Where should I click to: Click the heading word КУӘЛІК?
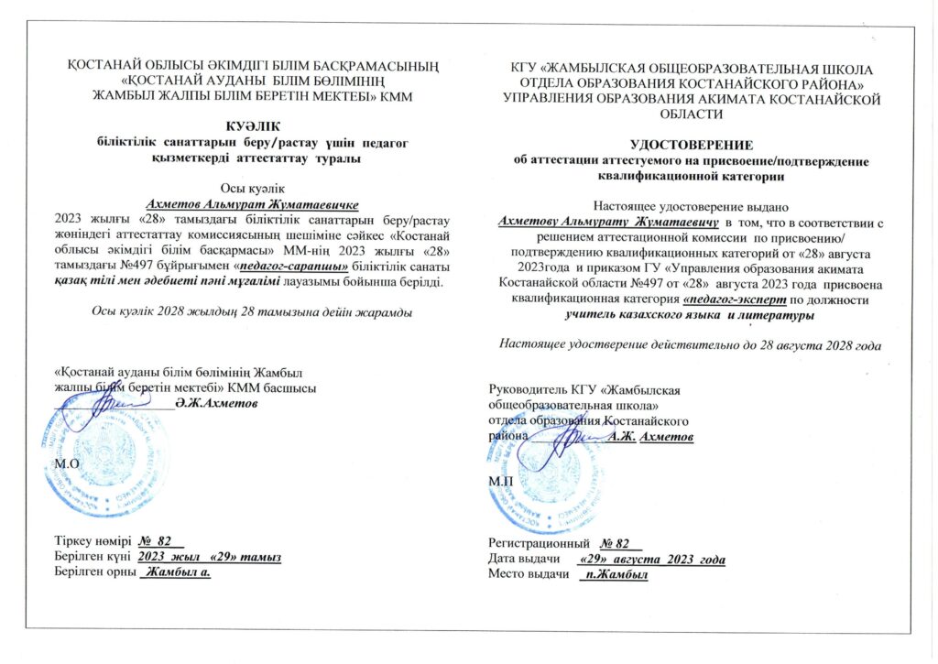[252, 125]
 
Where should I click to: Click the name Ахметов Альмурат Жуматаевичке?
[252, 203]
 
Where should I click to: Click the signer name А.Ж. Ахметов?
[651, 437]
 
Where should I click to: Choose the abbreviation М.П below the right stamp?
[500, 479]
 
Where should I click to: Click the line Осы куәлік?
[252, 188]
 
